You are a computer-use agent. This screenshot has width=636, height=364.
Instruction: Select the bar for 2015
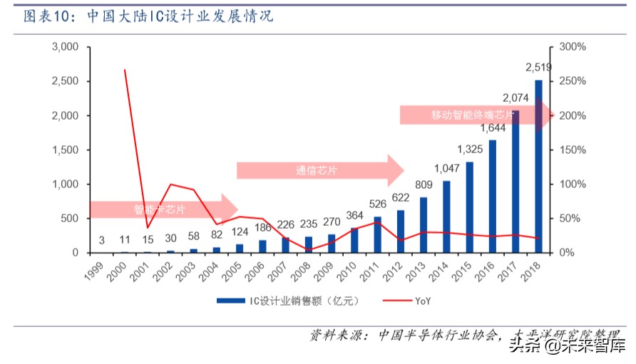pyautogui.click(x=470, y=207)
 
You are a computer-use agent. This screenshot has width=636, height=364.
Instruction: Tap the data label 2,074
pyautogui.click(x=516, y=98)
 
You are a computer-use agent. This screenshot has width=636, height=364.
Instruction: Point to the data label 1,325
pyautogui.click(x=470, y=149)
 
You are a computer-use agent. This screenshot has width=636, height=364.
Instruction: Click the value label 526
pyautogui.click(x=378, y=203)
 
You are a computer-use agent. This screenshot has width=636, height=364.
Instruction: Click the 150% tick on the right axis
pyautogui.click(x=572, y=150)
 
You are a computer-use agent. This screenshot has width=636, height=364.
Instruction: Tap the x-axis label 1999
pyautogui.click(x=97, y=271)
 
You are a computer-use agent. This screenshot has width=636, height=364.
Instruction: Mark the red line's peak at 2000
pyautogui.click(x=125, y=70)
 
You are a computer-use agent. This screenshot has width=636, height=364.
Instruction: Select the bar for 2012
pyautogui.click(x=401, y=232)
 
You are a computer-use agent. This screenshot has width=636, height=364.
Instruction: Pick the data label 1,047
pyautogui.click(x=447, y=168)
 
